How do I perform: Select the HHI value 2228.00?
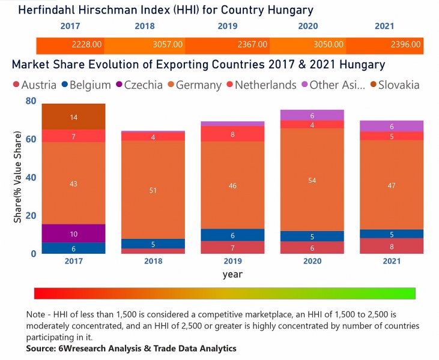pos(88,45)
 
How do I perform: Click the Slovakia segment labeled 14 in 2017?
pos(73,117)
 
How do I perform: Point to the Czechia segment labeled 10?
pos(73,233)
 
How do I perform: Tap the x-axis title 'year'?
pos(232,274)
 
